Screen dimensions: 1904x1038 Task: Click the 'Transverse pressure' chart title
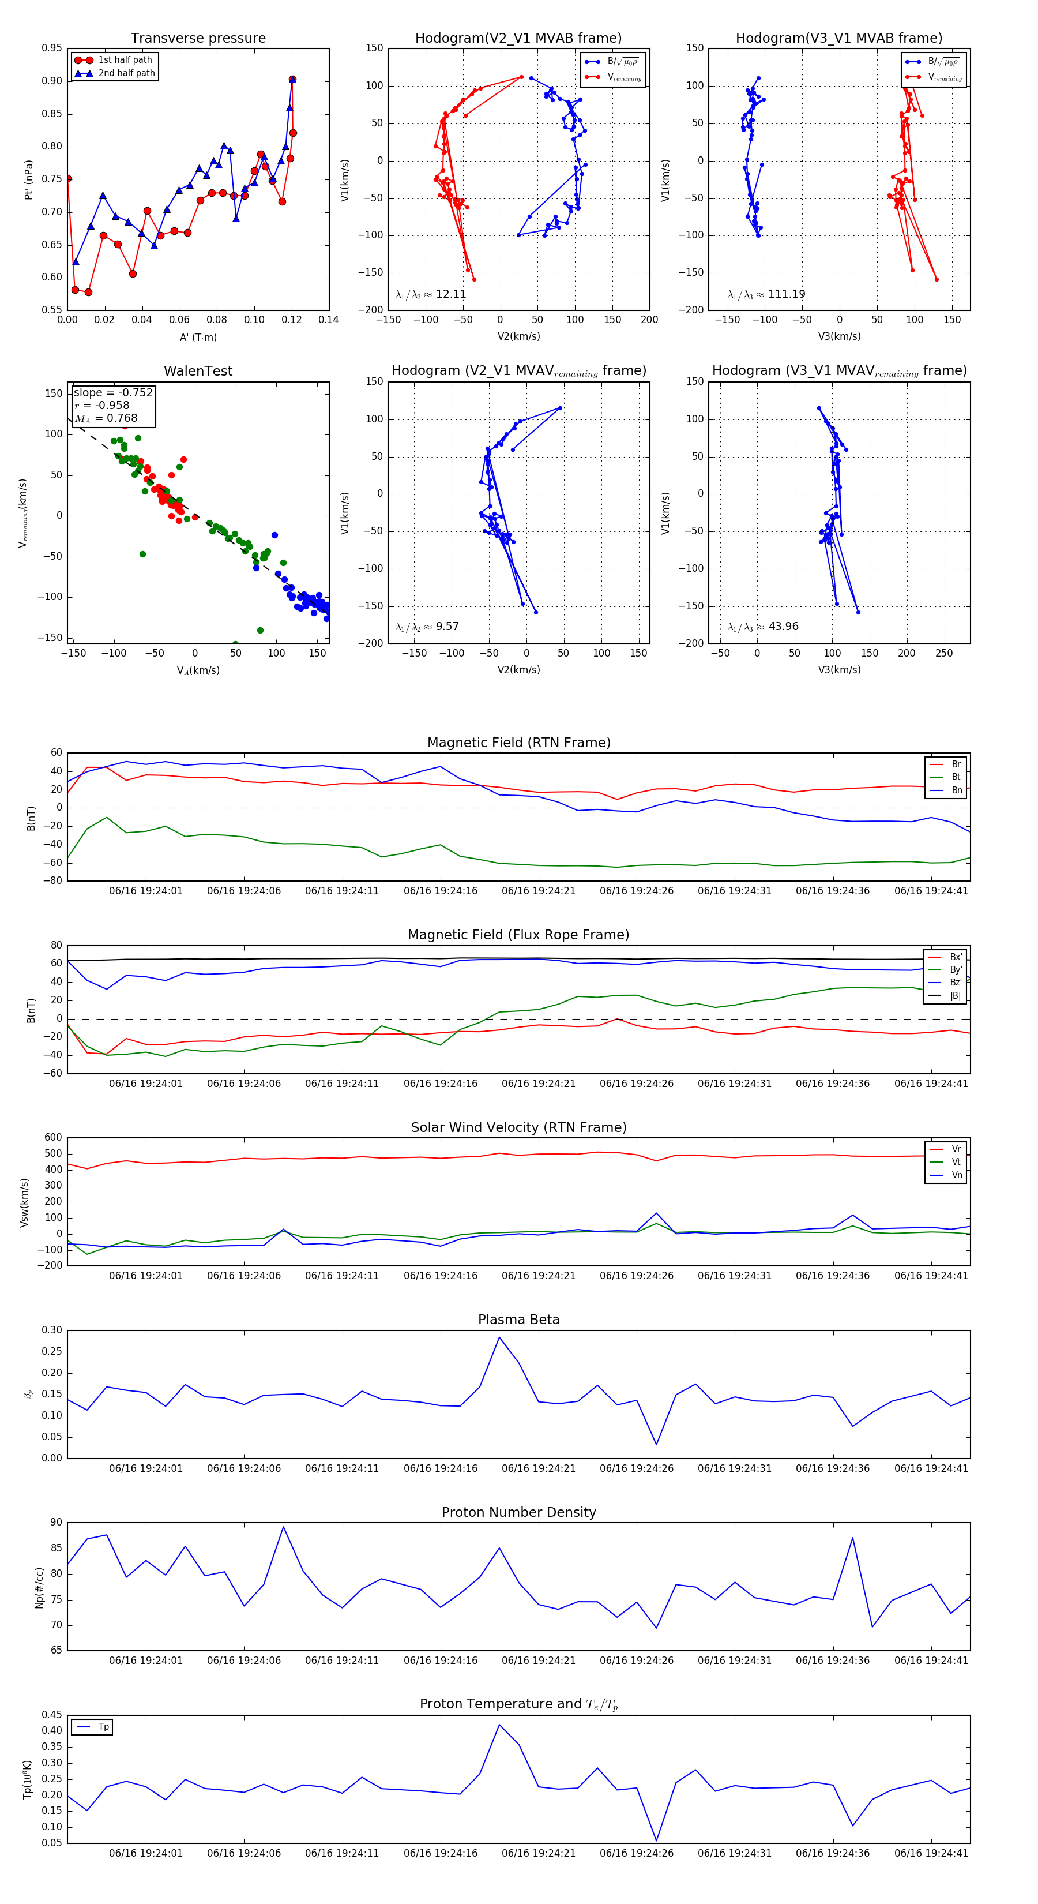[198, 39]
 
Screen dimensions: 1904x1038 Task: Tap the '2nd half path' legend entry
[126, 73]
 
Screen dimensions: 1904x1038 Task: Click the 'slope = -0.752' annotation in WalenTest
[113, 392]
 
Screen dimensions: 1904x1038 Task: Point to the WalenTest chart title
[198, 371]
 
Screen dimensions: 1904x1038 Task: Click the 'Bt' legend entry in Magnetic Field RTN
[956, 777]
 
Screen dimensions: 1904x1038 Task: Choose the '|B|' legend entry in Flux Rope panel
[956, 996]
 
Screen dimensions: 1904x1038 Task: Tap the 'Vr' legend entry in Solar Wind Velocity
[956, 1149]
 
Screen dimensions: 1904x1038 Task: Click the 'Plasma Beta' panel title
[518, 1320]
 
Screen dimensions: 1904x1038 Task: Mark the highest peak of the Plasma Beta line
[499, 1337]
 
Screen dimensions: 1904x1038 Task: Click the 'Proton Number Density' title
[518, 1512]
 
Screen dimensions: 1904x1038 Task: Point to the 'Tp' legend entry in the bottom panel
[103, 1727]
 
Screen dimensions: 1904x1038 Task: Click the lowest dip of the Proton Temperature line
[657, 1841]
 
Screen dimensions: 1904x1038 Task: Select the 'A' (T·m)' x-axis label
[198, 337]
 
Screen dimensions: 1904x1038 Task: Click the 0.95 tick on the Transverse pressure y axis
[52, 48]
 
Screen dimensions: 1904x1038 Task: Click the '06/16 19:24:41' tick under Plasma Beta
[931, 1468]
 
